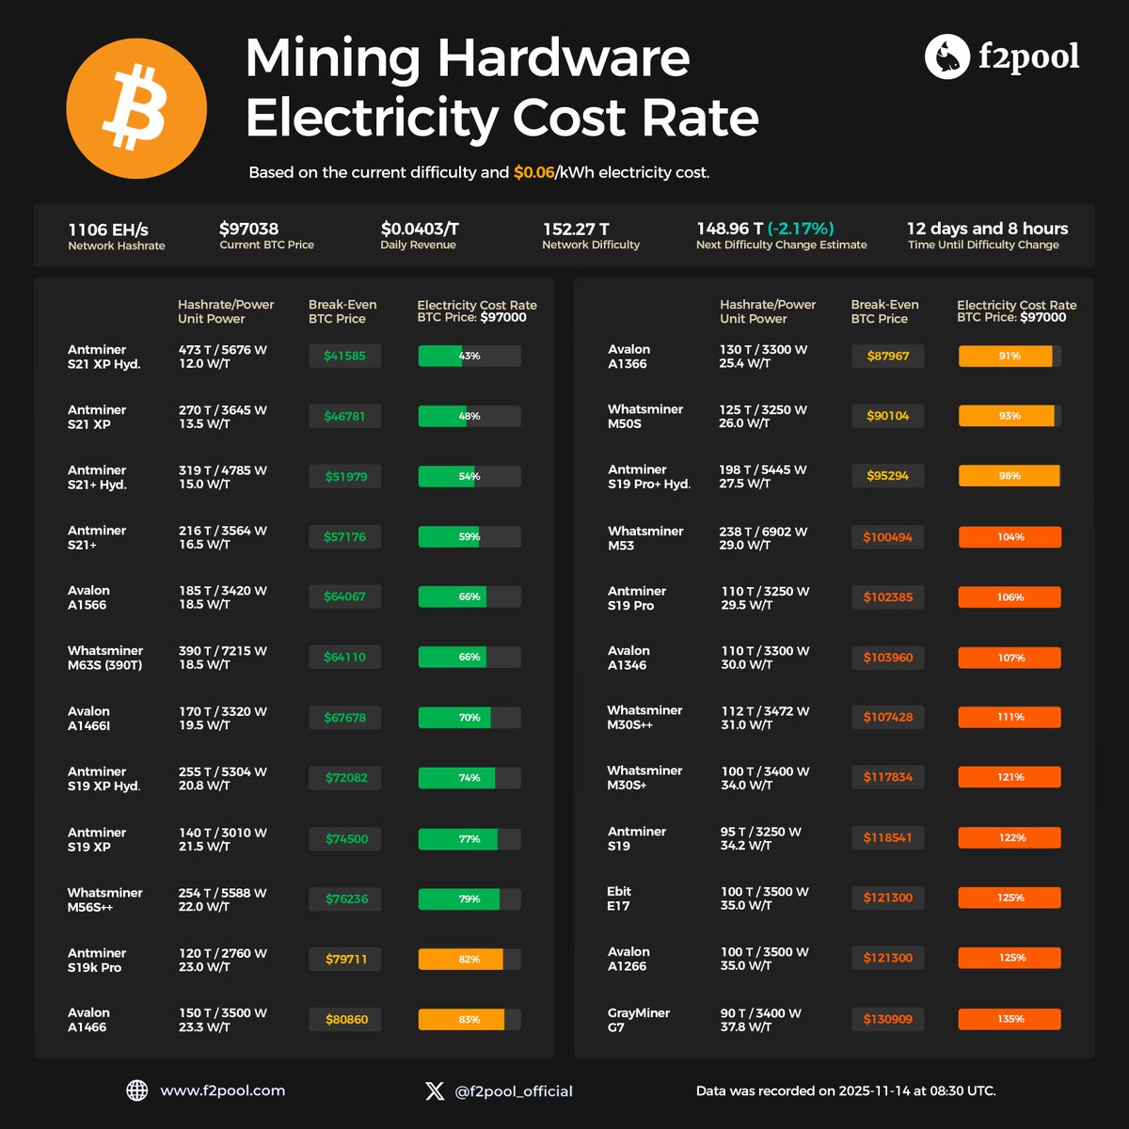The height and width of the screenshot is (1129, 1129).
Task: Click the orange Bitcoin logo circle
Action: tap(136, 108)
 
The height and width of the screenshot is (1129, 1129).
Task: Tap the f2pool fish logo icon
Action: tap(947, 57)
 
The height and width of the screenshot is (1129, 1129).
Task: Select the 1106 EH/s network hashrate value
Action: tap(108, 230)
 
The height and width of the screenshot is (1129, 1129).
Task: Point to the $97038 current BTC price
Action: tap(248, 229)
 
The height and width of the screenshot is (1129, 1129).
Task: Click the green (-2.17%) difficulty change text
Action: tap(801, 229)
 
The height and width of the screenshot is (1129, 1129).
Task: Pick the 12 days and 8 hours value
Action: tap(987, 229)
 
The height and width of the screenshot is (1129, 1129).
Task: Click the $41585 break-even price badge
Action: tap(345, 356)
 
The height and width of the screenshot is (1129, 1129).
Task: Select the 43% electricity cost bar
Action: tap(469, 356)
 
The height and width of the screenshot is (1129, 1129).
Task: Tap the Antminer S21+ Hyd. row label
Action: tap(97, 477)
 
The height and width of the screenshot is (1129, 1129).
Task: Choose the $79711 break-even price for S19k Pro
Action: tap(345, 960)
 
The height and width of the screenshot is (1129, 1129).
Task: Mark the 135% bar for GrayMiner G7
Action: tap(1010, 1019)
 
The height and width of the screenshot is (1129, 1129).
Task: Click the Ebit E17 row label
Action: tap(619, 898)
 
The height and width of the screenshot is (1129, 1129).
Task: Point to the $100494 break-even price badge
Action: tap(887, 537)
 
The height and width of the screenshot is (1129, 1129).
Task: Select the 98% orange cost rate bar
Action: tap(1010, 476)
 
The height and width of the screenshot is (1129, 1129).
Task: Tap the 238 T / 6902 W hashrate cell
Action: tap(763, 532)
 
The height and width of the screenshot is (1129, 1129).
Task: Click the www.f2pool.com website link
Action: tap(222, 1090)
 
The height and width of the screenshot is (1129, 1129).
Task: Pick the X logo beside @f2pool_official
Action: tap(435, 1090)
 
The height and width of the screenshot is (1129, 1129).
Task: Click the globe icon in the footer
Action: tap(137, 1090)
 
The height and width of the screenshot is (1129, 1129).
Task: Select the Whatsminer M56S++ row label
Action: tap(104, 899)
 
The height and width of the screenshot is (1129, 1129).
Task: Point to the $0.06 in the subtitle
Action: tap(533, 173)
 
